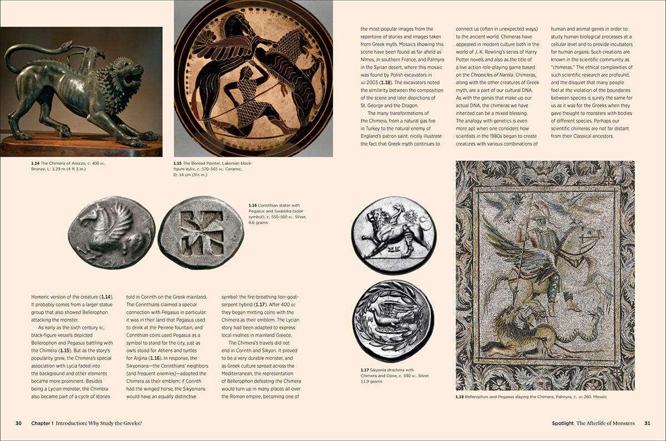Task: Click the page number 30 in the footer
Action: tap(18, 423)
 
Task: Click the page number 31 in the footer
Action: tap(647, 423)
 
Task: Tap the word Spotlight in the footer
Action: tap(562, 423)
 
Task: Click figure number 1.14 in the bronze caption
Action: tap(36, 163)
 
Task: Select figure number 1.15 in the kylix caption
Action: tap(178, 163)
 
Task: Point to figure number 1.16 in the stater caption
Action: tap(253, 206)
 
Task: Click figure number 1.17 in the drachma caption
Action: tap(365, 370)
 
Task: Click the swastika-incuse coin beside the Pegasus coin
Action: tap(201, 233)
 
